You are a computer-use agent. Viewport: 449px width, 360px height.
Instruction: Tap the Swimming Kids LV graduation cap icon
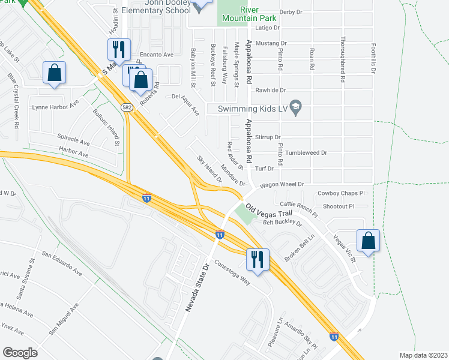pos(295,108)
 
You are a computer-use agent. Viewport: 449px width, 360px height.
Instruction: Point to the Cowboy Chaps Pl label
pos(341,193)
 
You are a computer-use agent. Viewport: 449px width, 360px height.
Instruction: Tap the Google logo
pos(20,352)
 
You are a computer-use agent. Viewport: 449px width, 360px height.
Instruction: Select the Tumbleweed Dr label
pos(307,153)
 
